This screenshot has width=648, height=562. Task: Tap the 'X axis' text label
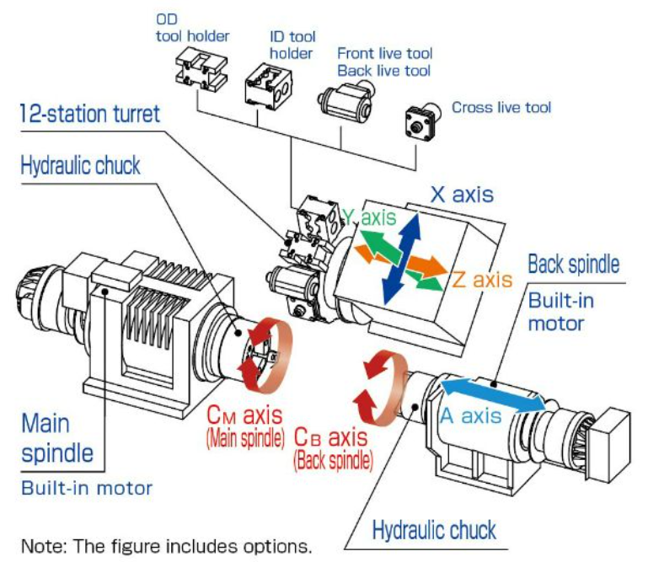point(463,195)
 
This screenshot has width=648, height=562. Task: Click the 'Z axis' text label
point(480,279)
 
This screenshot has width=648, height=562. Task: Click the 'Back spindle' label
point(573,265)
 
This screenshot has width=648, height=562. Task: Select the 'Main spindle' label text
point(57,437)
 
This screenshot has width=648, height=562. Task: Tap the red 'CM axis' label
point(244,417)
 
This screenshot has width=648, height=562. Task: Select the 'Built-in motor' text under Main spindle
point(87,488)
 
